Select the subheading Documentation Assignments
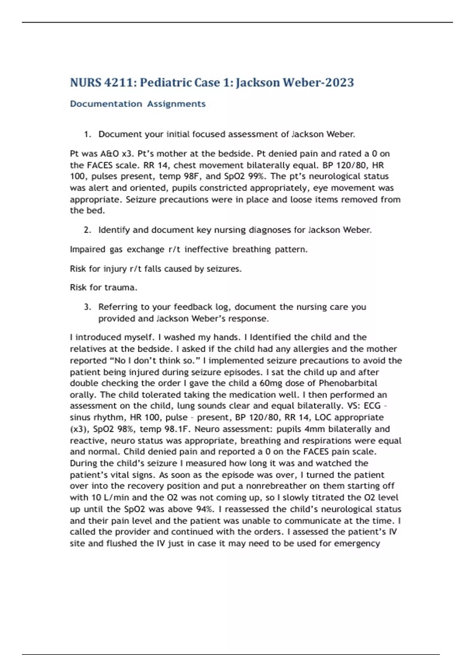click(x=137, y=104)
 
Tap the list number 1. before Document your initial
click(x=87, y=134)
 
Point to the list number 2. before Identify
click(x=87, y=230)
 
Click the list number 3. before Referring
click(x=87, y=307)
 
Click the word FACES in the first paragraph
click(x=100, y=165)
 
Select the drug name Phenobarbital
click(x=348, y=383)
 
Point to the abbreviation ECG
click(x=372, y=406)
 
